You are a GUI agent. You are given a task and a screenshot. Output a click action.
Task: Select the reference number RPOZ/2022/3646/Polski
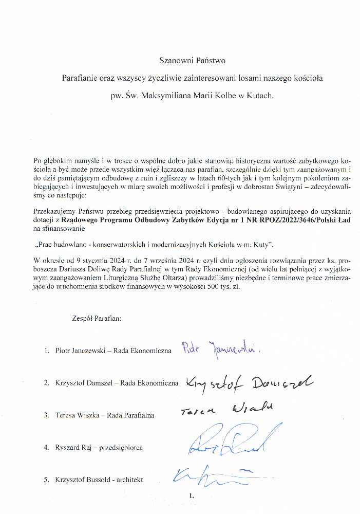click(278, 219)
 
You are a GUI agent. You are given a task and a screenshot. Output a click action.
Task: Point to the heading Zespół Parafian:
click(97, 319)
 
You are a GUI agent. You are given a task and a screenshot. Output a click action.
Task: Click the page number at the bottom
click(192, 496)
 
